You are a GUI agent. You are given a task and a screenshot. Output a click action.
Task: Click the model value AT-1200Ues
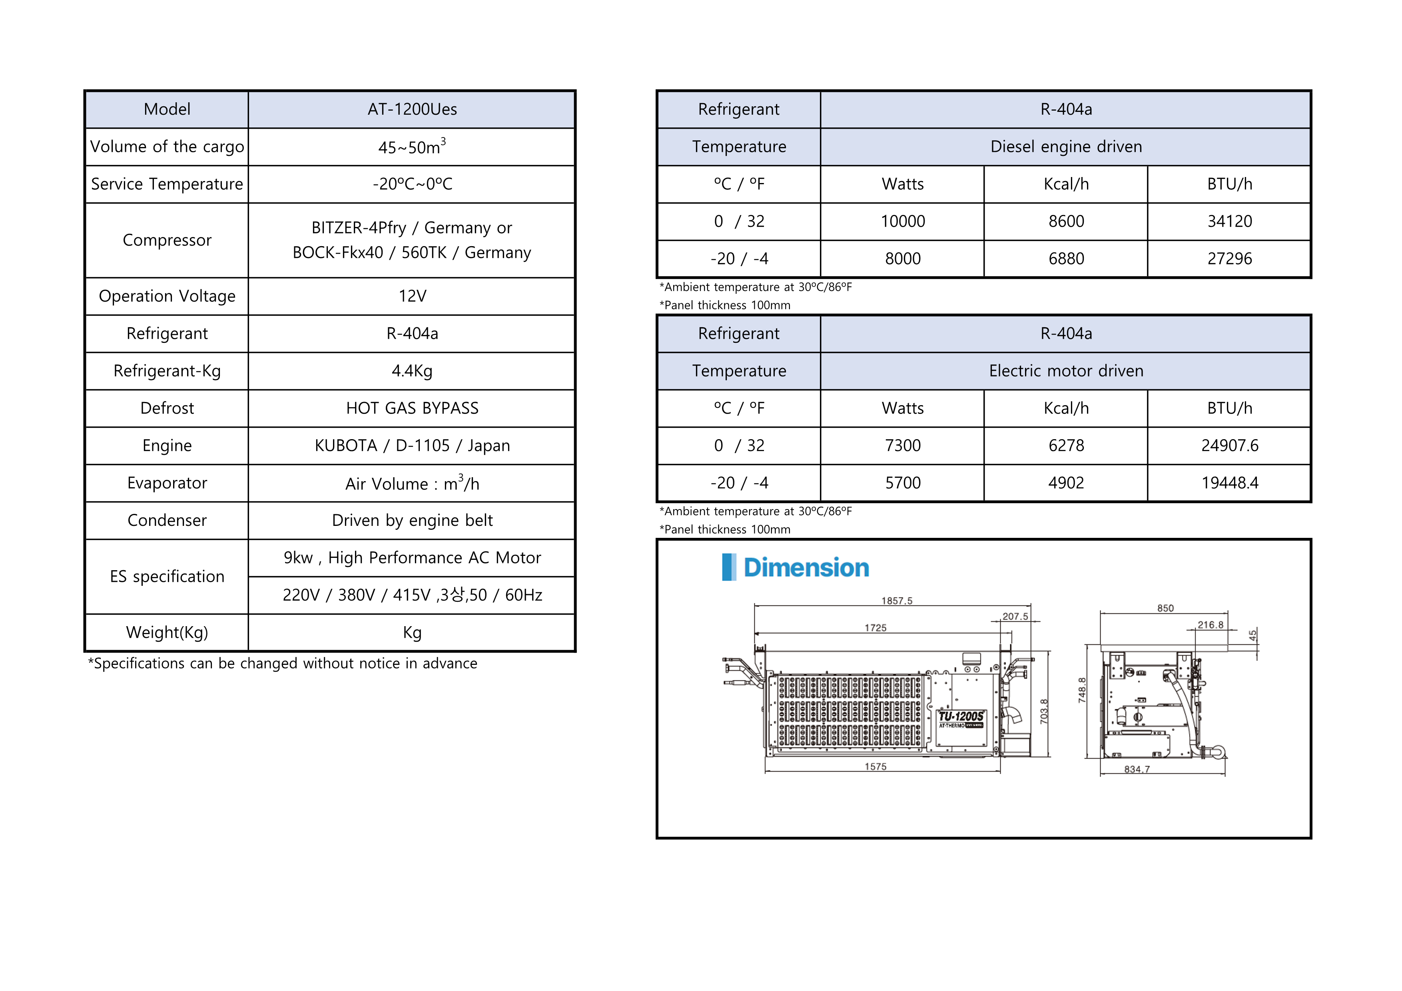pos(412,109)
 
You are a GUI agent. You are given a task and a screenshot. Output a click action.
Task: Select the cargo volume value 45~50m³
pos(412,147)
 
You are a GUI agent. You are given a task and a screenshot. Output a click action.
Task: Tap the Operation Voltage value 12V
pos(412,296)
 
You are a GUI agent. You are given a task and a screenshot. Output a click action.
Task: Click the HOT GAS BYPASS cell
pos(412,408)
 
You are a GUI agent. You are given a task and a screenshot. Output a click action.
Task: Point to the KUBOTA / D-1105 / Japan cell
pos(412,446)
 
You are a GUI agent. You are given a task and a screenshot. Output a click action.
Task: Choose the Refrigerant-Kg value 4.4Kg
pos(412,371)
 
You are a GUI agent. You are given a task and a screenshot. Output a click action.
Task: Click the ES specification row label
pos(168,577)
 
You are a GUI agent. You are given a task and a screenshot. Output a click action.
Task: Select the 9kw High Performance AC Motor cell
pos(412,558)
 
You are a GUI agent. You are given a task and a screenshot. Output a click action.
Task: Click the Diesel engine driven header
pos(1066,147)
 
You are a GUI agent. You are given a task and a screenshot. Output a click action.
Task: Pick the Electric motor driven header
pos(1066,371)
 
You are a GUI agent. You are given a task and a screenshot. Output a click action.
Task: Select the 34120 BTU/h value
pos(1230,221)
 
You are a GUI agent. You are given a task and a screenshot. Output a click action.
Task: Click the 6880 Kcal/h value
pos(1066,259)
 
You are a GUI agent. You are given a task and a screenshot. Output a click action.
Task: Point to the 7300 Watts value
pos(903,446)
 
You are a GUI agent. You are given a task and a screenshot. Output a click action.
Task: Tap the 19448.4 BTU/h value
pos(1230,483)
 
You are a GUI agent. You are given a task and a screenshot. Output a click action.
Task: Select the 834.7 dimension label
pos(1137,770)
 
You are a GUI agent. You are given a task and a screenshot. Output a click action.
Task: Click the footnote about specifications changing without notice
pos(283,663)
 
